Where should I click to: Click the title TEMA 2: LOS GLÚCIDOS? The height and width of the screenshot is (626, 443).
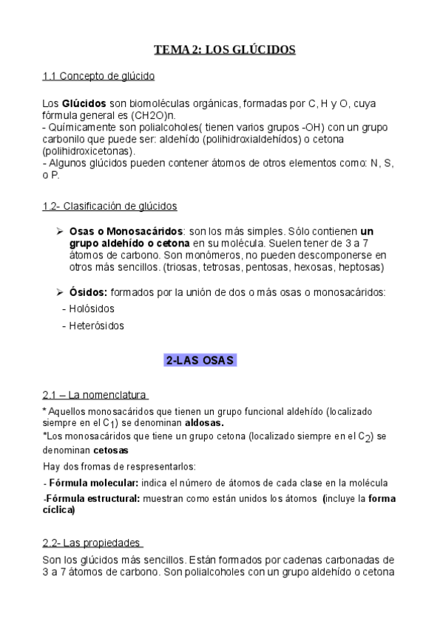224,50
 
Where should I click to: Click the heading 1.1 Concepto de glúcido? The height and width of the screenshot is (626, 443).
98,76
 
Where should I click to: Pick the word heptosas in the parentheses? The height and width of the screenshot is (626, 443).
361,266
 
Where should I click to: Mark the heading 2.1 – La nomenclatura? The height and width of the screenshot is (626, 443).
95,395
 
